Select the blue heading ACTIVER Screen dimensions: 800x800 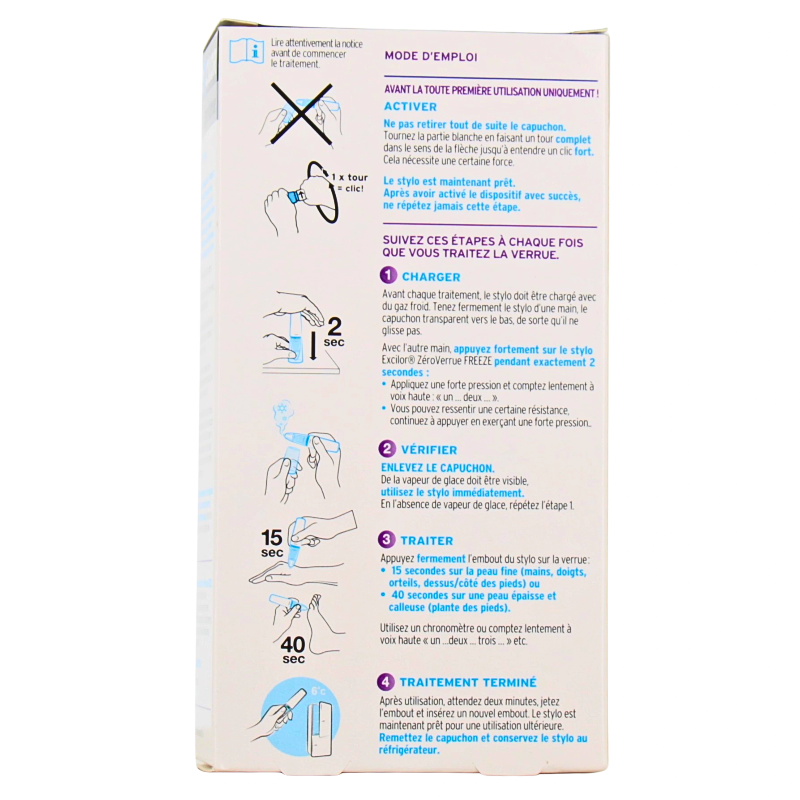point(410,107)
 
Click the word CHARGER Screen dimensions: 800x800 point(431,277)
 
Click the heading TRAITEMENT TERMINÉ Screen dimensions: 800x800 point(468,682)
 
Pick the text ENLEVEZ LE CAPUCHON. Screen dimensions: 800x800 point(438,468)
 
